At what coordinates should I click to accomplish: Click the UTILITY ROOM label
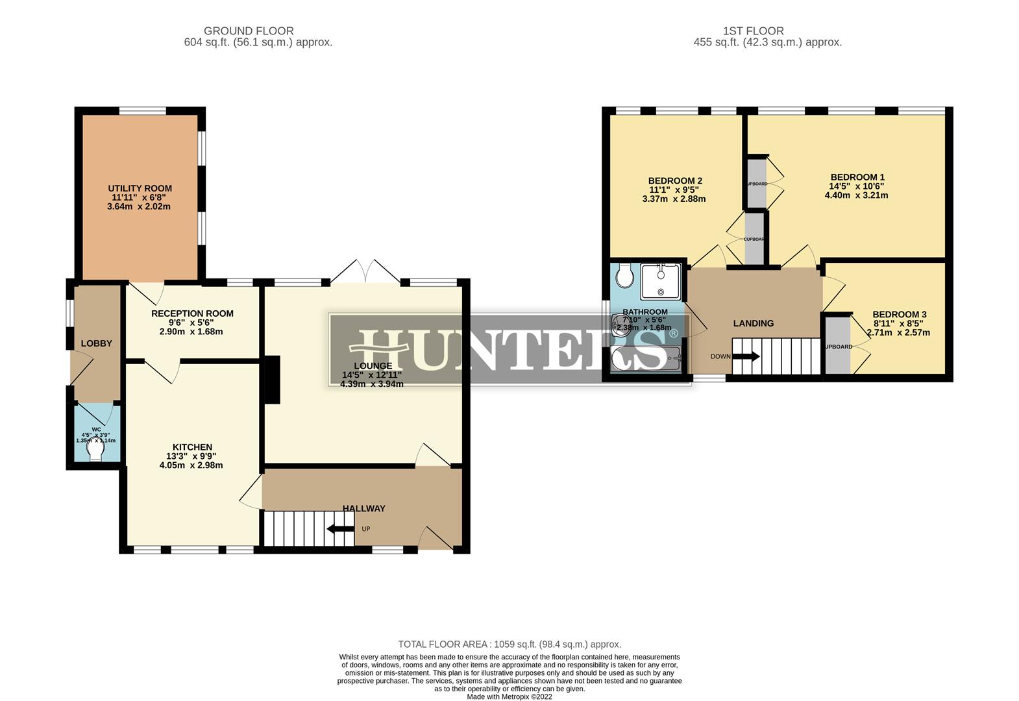click(140, 188)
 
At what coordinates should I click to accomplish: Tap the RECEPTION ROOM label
click(192, 314)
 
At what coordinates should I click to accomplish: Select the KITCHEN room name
click(192, 447)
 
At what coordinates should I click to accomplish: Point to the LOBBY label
click(97, 343)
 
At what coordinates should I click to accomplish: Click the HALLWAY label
click(363, 508)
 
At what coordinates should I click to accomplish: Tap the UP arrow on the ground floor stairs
click(340, 528)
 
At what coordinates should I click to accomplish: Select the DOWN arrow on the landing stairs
click(746, 356)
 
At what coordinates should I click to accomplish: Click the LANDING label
click(753, 323)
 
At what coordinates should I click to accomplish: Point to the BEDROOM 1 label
click(857, 177)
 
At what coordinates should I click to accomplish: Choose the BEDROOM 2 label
click(675, 181)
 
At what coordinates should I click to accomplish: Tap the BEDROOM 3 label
click(899, 314)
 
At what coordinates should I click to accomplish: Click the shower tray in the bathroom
click(660, 281)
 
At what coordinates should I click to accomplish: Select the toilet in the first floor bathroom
click(625, 276)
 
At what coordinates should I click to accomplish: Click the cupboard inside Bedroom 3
click(838, 346)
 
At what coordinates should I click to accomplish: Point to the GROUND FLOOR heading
click(249, 31)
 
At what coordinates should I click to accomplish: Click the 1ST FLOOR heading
click(753, 31)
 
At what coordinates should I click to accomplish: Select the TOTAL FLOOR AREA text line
click(509, 645)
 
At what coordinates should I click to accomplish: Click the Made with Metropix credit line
click(509, 696)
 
